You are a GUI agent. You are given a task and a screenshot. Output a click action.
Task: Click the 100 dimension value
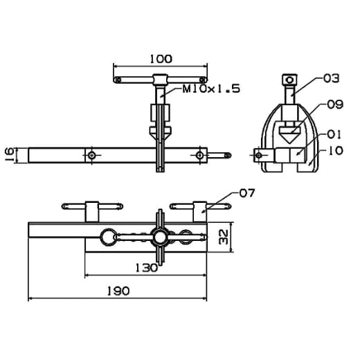161,59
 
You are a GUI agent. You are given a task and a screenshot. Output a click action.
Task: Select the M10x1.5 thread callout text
211,89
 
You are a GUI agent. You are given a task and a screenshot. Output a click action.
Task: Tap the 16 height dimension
10,155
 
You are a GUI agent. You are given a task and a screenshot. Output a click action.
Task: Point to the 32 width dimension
224,237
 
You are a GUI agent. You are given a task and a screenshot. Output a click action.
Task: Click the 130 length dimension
146,268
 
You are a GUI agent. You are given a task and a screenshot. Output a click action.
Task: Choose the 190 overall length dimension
118,291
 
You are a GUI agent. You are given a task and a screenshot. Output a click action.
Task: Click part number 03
331,78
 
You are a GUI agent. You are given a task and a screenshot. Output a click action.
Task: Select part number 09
335,105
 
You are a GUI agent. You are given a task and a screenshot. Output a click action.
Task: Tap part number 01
334,135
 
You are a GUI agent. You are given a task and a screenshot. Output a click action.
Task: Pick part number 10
335,150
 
